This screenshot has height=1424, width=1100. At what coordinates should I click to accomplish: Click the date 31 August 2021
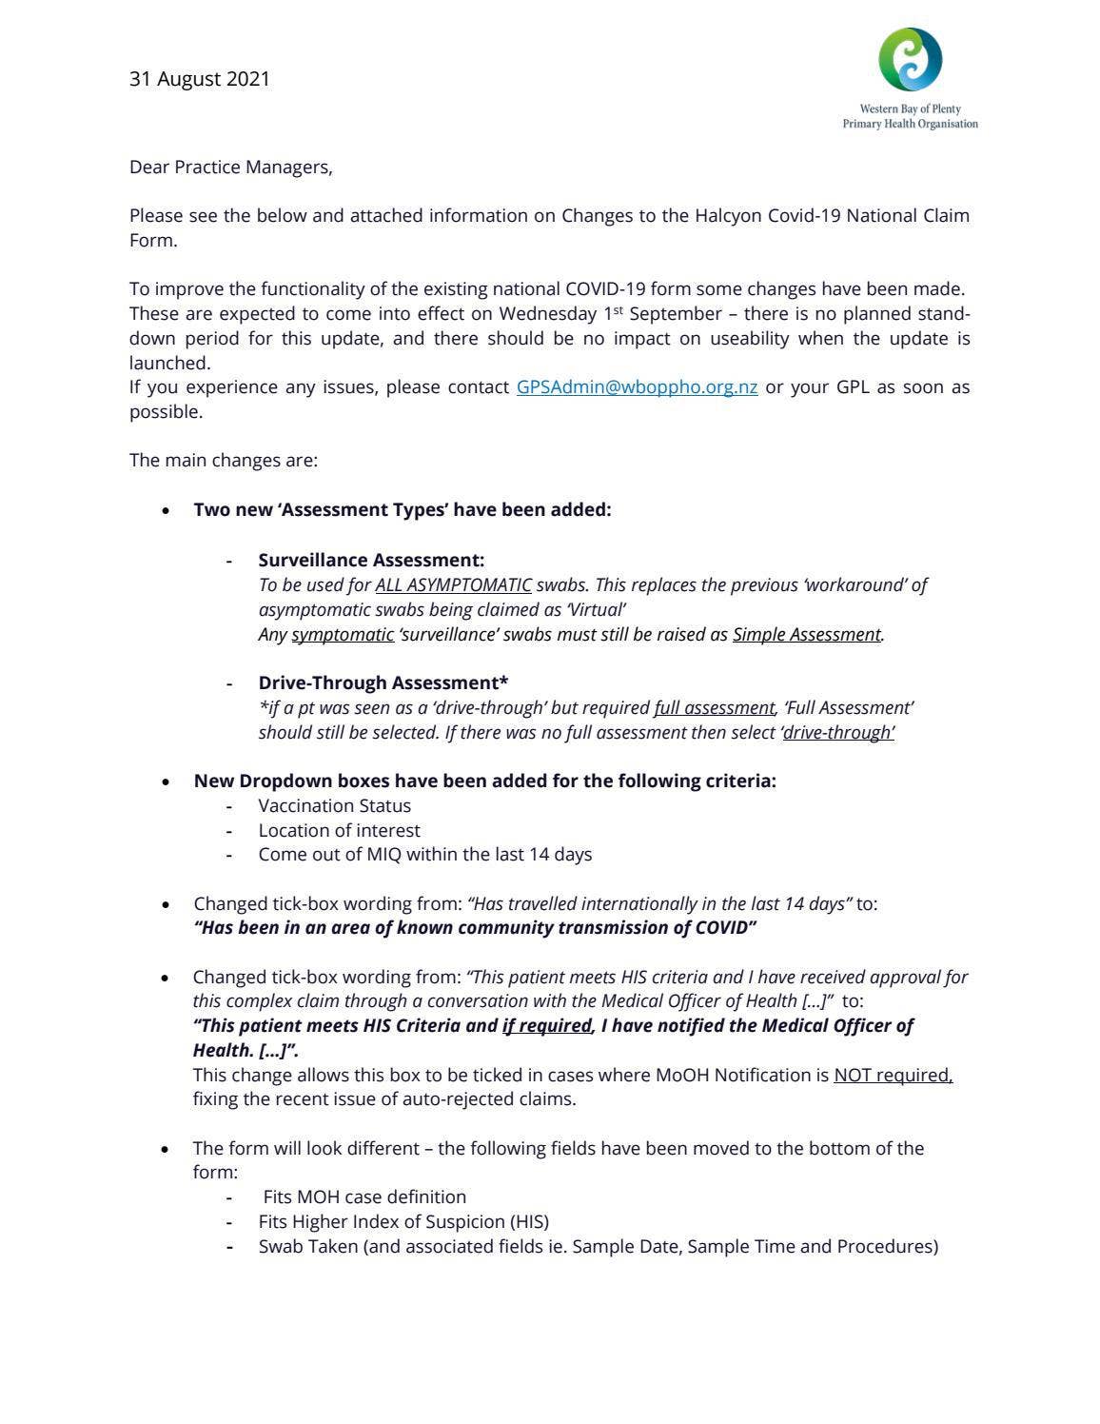[x=199, y=79]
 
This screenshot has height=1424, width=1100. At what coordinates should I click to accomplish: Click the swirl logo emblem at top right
[x=910, y=59]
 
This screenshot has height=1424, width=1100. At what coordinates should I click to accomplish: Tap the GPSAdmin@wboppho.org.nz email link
[x=637, y=387]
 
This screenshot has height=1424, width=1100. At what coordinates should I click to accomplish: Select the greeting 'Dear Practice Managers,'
[x=231, y=168]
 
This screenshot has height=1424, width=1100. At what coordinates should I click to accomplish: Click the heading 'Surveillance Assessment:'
[x=371, y=560]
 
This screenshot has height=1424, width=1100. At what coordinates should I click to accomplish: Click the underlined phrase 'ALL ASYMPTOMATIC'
[x=453, y=584]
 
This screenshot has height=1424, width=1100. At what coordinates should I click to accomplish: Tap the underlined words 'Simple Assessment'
[x=806, y=634]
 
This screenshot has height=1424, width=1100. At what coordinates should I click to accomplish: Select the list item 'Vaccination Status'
[x=334, y=805]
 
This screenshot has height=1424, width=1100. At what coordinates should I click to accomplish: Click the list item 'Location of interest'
[x=339, y=830]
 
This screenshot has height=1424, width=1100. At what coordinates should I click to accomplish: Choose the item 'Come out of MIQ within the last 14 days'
[x=424, y=854]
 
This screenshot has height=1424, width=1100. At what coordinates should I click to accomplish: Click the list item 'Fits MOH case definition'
[x=364, y=1197]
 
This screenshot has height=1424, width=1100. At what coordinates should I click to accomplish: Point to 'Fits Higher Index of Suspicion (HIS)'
[x=403, y=1221]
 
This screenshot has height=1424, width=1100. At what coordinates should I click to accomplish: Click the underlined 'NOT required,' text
[x=893, y=1075]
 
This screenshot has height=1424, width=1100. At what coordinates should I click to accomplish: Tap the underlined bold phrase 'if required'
[x=547, y=1025]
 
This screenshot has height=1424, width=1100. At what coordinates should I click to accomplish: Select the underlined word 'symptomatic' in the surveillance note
[x=343, y=634]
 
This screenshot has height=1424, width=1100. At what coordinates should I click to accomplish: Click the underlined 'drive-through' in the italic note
[x=837, y=732]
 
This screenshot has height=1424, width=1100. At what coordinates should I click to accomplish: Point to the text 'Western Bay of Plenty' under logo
[x=910, y=109]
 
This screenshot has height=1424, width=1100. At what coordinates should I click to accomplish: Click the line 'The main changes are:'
[x=224, y=461]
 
